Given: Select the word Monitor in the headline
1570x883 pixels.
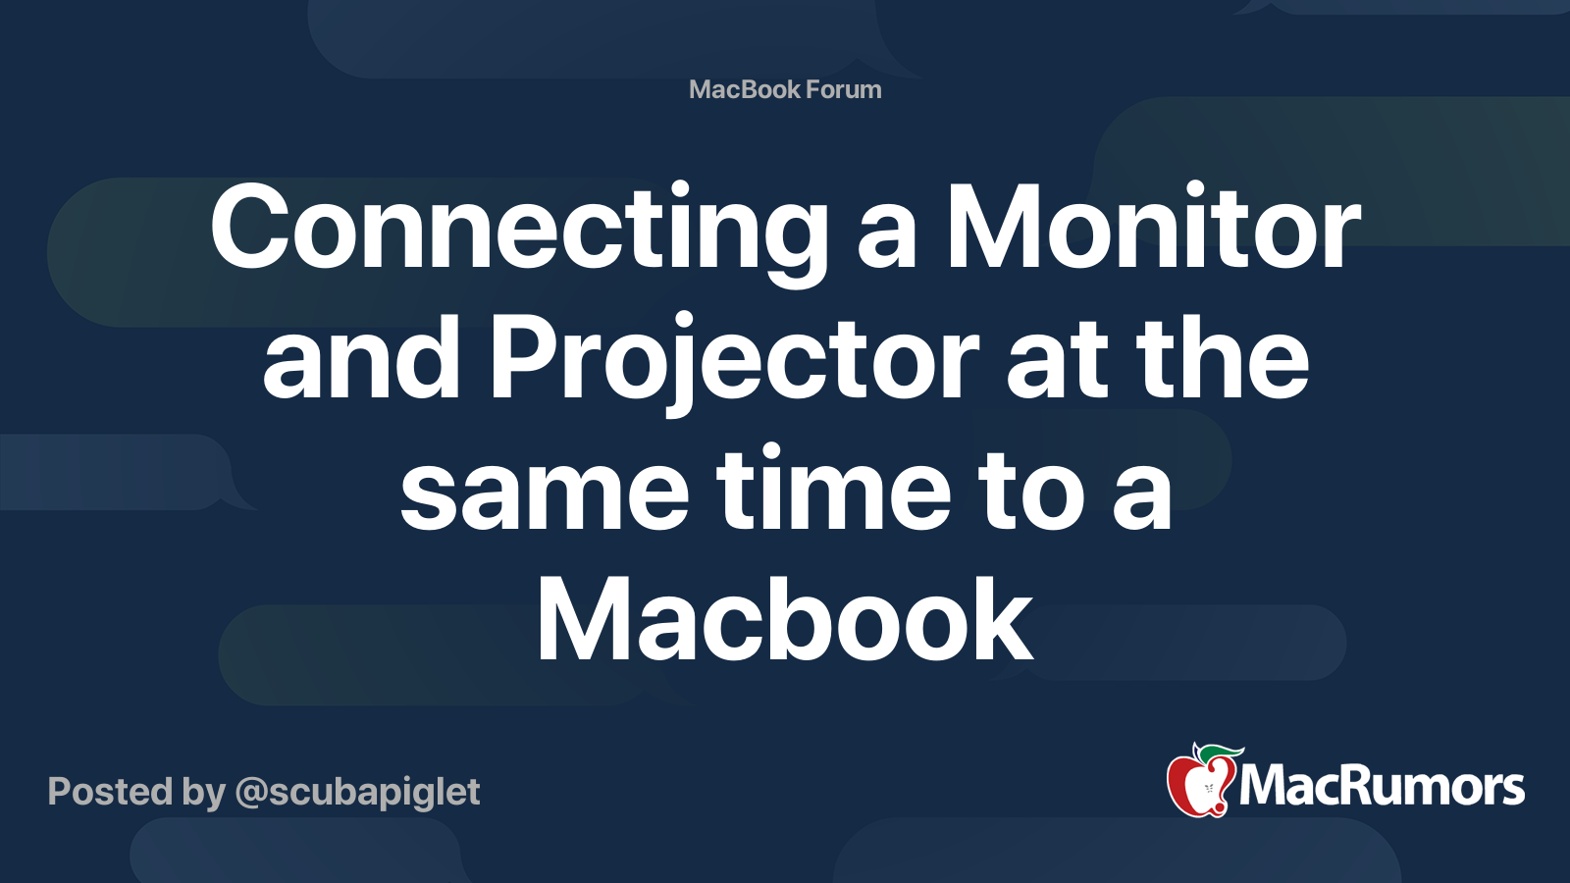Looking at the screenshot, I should pos(1153,228).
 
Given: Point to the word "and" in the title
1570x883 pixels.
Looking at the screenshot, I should pos(361,358).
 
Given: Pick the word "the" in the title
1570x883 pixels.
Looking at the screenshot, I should pos(1223,358).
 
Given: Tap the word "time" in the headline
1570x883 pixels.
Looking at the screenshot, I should pos(834,489).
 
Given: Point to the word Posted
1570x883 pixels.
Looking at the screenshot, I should pos(110,792).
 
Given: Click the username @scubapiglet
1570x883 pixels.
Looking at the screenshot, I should pos(357,793).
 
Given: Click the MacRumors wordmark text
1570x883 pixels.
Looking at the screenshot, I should pos(1382,786).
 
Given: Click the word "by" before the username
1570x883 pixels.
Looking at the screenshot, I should pos(204,793).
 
